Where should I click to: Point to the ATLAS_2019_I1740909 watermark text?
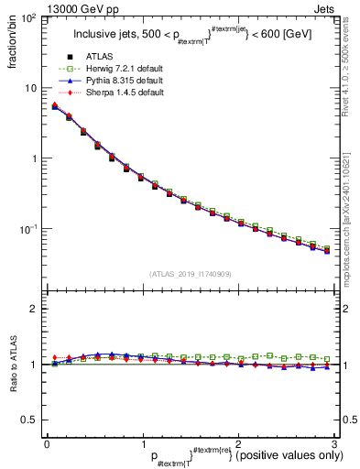click(x=189, y=274)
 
